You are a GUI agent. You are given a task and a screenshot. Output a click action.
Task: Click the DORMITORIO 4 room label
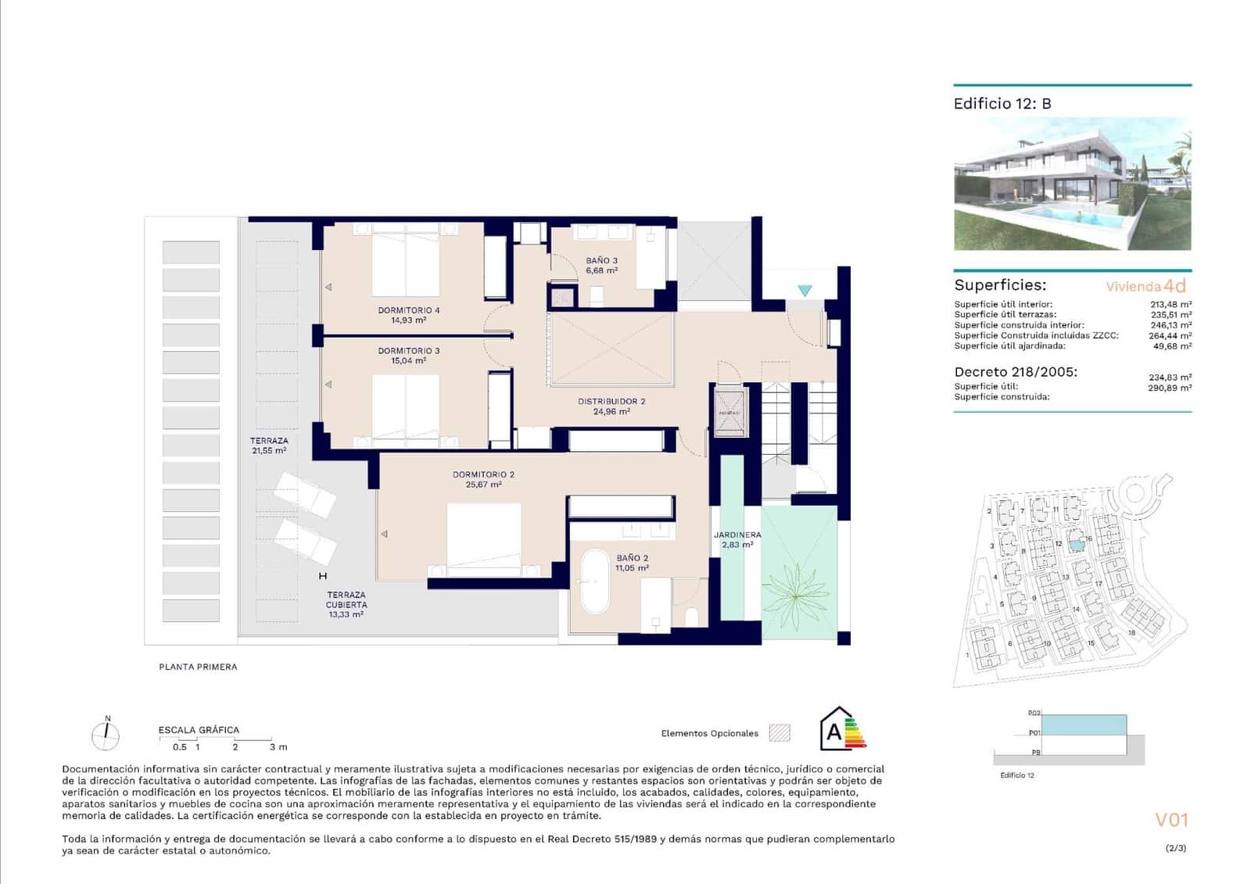pos(408,310)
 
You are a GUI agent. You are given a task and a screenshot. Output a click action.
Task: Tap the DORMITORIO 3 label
pos(408,351)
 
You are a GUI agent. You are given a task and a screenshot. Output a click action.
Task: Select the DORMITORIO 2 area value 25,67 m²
pos(483,485)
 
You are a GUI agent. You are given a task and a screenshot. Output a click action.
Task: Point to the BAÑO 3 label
pos(601,261)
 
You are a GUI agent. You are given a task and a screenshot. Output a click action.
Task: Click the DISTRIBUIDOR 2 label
pos(611,402)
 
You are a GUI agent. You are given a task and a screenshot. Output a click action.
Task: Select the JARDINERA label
pos(737,535)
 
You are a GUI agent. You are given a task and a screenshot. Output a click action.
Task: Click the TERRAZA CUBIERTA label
pos(346,599)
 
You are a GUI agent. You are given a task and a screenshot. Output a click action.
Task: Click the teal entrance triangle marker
pos(805,291)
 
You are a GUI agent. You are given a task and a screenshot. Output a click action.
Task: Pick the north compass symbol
pos(106,735)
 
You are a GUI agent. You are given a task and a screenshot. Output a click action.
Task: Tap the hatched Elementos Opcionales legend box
pos(779,733)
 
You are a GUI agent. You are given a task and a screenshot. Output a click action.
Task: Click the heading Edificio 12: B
pos(1002,104)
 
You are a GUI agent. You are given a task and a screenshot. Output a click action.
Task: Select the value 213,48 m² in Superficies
pos(1170,305)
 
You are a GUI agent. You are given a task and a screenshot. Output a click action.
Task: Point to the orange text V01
pos(1171,820)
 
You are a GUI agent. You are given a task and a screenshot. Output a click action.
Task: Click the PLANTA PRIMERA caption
pos(198,667)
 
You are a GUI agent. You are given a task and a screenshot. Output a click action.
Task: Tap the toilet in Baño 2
pos(691,617)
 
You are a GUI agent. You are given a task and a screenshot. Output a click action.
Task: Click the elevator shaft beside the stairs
pos(729,412)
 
